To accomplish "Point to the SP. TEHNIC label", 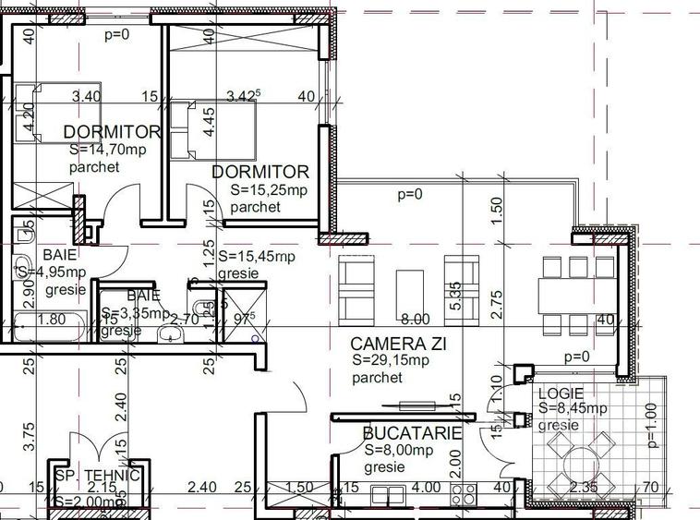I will tap(97, 476).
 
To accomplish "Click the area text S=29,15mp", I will tap(392, 361).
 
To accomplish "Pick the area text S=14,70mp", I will tap(107, 150).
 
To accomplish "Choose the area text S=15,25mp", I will tap(269, 190).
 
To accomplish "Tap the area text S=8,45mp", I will tap(573, 408).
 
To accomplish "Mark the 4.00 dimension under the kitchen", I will tap(426, 487).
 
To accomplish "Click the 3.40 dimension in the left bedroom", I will tap(86, 95).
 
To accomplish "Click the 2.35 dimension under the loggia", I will tap(584, 487).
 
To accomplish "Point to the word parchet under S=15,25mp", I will tap(255, 207).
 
